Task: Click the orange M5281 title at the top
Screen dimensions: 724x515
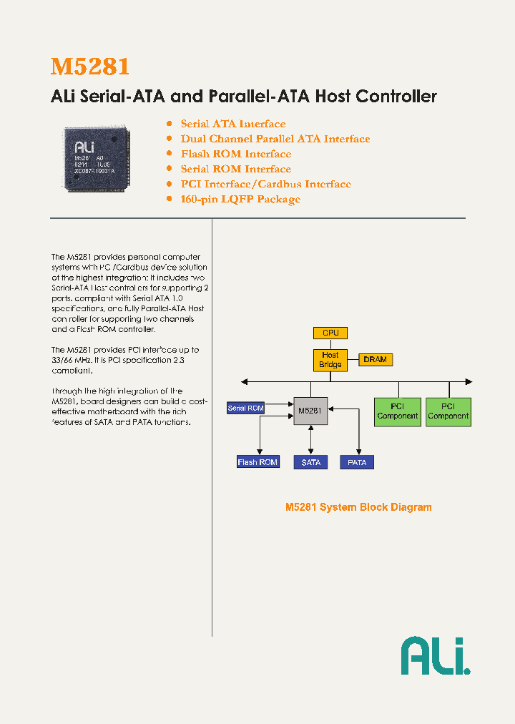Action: click(x=90, y=67)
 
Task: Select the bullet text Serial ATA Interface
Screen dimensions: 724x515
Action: click(x=232, y=124)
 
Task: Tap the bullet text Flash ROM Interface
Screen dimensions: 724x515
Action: click(x=235, y=154)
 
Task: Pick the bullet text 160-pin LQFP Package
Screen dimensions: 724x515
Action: click(x=240, y=199)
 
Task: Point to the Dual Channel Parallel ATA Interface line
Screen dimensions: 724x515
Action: click(x=275, y=139)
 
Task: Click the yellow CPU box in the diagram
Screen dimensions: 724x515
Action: click(x=330, y=333)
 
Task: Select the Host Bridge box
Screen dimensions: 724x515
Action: click(x=330, y=360)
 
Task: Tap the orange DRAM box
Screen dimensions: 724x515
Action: click(x=375, y=359)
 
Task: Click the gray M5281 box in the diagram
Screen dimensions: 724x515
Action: click(x=310, y=411)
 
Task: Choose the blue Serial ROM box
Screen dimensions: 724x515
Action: click(x=245, y=408)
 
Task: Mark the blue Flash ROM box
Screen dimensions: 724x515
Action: click(x=257, y=462)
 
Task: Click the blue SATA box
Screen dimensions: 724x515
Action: click(x=311, y=462)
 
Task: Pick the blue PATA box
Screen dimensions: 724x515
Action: click(x=357, y=462)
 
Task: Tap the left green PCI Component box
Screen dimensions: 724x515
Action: click(x=397, y=411)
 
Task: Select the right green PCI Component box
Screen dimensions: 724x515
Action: click(x=448, y=411)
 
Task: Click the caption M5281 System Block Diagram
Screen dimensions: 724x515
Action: click(x=358, y=507)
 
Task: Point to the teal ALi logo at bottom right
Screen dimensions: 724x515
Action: click(x=435, y=655)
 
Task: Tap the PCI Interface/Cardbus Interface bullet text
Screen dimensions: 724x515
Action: click(x=265, y=184)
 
